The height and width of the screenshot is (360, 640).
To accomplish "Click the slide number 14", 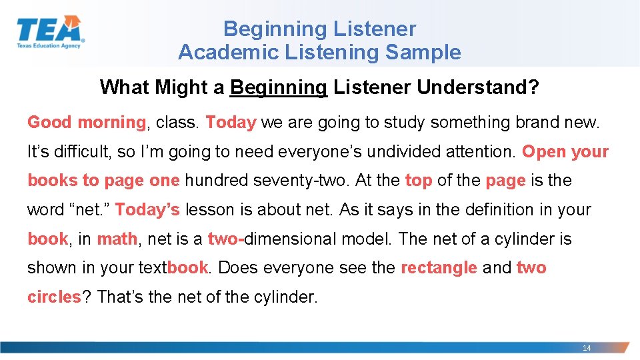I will click(x=587, y=348).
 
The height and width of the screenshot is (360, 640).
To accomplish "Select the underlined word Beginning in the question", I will click(x=278, y=87).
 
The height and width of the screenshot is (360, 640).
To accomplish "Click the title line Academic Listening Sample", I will click(x=319, y=52).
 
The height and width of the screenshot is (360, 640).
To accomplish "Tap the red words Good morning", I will click(x=86, y=123).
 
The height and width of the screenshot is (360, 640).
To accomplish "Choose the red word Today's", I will click(x=147, y=210).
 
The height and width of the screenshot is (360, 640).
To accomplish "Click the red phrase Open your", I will click(x=565, y=152).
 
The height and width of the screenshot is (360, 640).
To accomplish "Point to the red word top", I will click(x=419, y=181).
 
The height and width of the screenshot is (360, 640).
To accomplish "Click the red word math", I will click(x=117, y=239).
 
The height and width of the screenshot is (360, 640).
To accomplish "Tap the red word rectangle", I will click(x=439, y=268).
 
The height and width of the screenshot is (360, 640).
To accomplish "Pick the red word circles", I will click(x=54, y=297).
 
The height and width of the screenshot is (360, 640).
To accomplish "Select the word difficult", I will click(x=83, y=152).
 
